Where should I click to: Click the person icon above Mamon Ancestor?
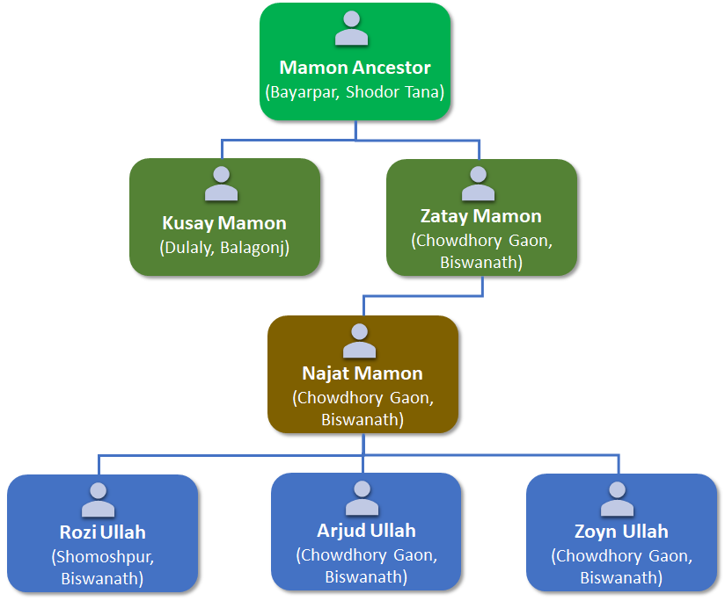click(x=352, y=29)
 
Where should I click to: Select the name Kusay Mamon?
click(x=224, y=223)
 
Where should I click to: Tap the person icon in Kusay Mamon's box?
click(x=221, y=184)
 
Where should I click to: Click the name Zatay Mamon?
click(x=481, y=215)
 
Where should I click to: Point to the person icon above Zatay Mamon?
click(x=479, y=184)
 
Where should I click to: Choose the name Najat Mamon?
click(x=362, y=373)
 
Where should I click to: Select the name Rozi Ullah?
click(x=102, y=532)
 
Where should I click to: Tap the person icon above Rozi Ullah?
click(x=99, y=499)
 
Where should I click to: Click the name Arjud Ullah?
click(x=366, y=531)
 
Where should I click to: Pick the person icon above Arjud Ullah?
click(x=362, y=498)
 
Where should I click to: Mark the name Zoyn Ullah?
click(x=621, y=532)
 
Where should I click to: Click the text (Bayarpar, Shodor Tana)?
click(x=355, y=91)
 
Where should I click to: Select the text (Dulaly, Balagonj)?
click(x=224, y=247)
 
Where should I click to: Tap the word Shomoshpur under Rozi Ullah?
click(x=102, y=555)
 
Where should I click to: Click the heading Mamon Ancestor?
click(x=355, y=68)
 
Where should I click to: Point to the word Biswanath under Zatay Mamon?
click(x=481, y=262)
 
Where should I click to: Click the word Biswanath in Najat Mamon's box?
click(x=362, y=419)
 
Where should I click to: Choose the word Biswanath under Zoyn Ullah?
click(x=621, y=577)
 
